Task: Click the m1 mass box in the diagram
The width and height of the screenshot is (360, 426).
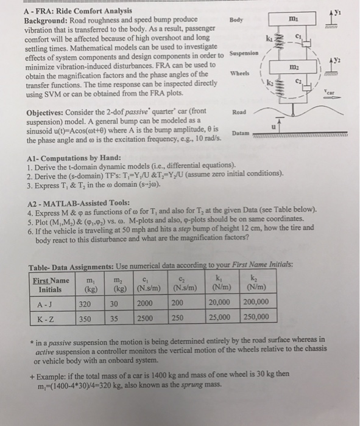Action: click(292, 19)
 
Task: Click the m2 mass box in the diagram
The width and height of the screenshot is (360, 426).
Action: click(293, 67)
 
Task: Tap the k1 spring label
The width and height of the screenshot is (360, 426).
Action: click(269, 38)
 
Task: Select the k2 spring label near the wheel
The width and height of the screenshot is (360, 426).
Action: click(270, 82)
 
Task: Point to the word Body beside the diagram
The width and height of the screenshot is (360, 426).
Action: click(236, 20)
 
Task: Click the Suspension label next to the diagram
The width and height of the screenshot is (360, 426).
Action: click(244, 53)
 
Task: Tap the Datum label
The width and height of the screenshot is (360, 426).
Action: click(241, 133)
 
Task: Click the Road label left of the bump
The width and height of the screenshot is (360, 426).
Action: click(239, 112)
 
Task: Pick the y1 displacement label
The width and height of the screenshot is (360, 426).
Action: click(337, 13)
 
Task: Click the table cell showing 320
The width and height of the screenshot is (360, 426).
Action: click(85, 304)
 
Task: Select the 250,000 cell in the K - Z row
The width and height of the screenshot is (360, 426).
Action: click(256, 317)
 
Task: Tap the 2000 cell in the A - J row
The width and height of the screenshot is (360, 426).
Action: click(144, 303)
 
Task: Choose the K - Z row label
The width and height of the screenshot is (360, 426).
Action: click(46, 319)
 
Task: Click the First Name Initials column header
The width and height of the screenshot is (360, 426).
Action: click(51, 285)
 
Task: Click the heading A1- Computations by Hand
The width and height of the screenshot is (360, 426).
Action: click(74, 158)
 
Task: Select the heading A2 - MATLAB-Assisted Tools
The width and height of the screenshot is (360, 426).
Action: click(79, 203)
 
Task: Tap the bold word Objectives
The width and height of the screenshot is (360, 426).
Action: click(45, 113)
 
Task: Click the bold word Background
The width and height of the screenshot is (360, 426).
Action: click(46, 21)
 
